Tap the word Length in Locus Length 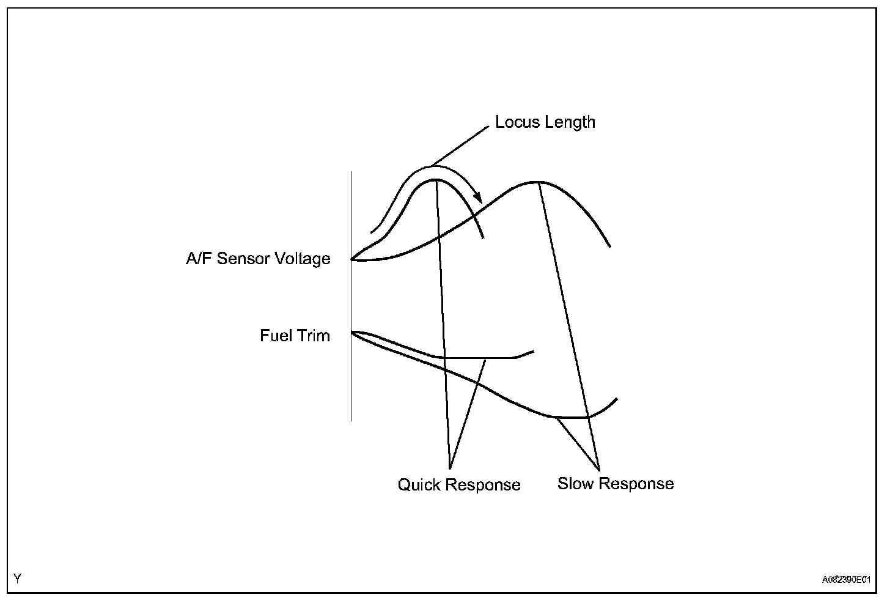click(570, 122)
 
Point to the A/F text click(199, 259)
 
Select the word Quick click(419, 485)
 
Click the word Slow click(575, 484)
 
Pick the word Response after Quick click(483, 485)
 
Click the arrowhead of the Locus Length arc click(479, 199)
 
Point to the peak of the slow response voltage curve click(537, 182)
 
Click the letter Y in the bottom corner click(17, 578)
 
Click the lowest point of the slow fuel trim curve click(572, 418)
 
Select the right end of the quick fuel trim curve click(534, 352)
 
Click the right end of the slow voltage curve click(610, 246)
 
